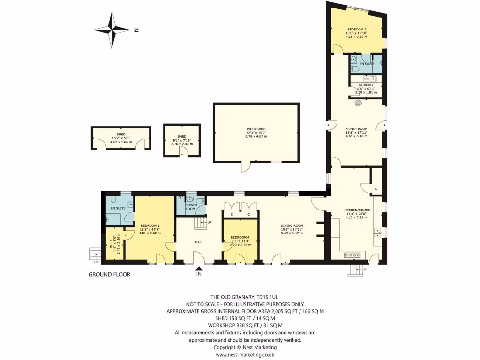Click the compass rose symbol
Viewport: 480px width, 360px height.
(112, 30)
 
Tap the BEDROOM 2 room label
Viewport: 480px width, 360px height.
(356, 29)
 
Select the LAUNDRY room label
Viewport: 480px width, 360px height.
(366, 85)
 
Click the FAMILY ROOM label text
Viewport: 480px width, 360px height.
(356, 128)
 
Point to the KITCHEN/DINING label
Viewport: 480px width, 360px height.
(357, 210)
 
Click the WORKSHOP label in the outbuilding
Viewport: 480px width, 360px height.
(256, 129)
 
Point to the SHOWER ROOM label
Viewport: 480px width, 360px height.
(190, 207)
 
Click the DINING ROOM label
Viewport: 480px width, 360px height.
(292, 225)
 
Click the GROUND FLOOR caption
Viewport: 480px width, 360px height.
(109, 274)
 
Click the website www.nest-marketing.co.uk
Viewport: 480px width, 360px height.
(245, 354)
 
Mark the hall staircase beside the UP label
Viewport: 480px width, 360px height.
(201, 225)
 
